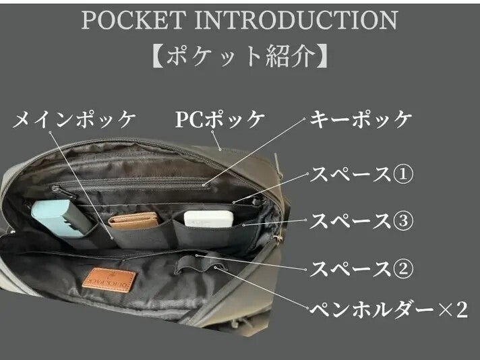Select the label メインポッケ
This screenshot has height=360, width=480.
coord(75,120)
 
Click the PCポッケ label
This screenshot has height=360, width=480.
coord(220,120)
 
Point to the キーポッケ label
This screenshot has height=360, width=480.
coord(361,120)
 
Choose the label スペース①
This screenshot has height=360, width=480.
coord(361,174)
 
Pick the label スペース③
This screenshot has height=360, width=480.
coord(361,220)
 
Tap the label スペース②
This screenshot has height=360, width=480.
coord(361,268)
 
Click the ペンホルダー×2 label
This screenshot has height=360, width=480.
coord(388,310)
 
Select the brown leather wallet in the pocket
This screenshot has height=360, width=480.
coord(133,221)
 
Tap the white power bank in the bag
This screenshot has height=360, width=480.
coord(208,219)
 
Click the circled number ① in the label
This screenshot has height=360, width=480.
coord(402,174)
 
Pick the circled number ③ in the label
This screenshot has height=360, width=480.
coord(402,220)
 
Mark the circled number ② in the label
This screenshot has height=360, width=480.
coord(402,268)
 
